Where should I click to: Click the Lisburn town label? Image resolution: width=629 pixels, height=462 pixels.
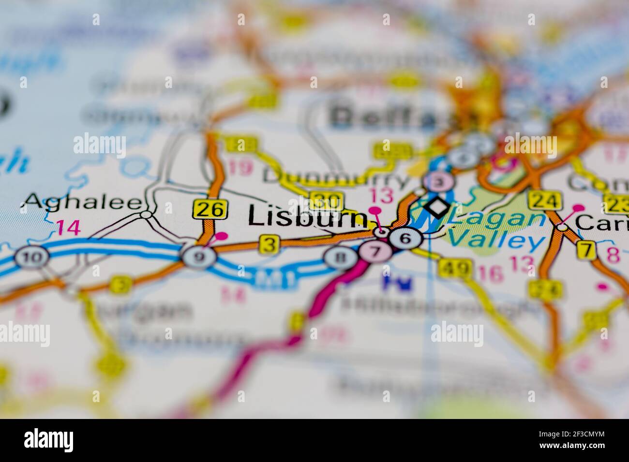[307, 217]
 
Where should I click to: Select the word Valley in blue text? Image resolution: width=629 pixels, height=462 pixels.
[496, 241]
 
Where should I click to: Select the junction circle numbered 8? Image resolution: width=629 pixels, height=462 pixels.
[342, 257]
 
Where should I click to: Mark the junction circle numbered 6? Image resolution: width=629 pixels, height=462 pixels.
[405, 238]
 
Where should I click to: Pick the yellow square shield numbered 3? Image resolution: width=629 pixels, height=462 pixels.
[269, 244]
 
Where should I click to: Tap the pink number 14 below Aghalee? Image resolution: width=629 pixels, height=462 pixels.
[68, 227]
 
